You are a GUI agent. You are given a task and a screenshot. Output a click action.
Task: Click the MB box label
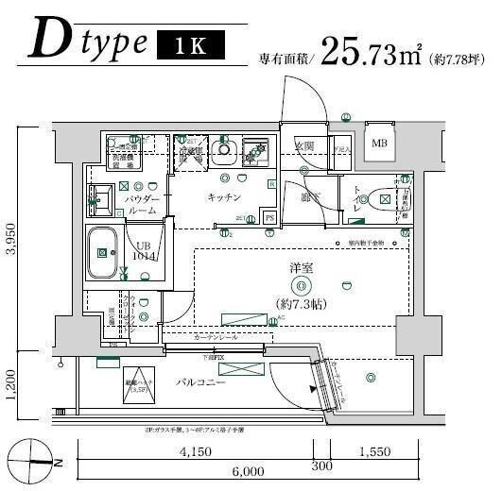click(x=379, y=144)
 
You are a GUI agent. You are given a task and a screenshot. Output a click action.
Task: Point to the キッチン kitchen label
click(x=227, y=197)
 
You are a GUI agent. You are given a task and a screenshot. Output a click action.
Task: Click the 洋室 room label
click(x=302, y=269)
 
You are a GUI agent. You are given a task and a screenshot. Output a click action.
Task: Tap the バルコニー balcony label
click(x=199, y=384)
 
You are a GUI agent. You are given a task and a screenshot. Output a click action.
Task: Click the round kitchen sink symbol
click(x=225, y=148)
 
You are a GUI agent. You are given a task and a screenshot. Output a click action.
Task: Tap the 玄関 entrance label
click(x=303, y=147)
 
